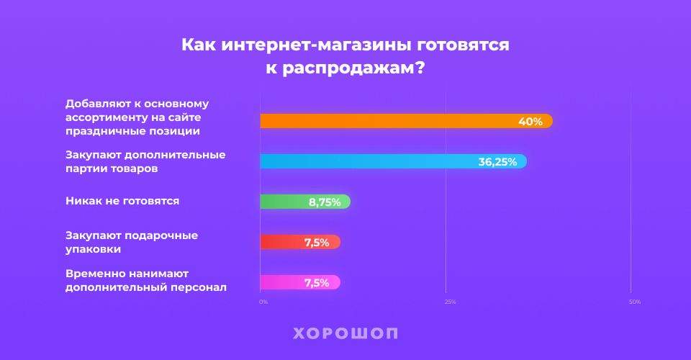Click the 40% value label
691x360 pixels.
click(x=530, y=122)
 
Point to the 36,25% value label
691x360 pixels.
click(x=497, y=162)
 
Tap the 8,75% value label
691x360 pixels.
click(x=325, y=202)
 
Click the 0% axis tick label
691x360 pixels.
click(x=263, y=302)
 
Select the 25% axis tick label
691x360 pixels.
click(x=450, y=302)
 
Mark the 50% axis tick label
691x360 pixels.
click(x=635, y=302)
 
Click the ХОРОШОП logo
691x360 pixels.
click(x=345, y=333)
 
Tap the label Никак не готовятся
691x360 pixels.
click(x=122, y=201)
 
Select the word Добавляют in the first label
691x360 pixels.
click(x=96, y=103)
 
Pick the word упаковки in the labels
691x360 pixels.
click(x=93, y=249)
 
